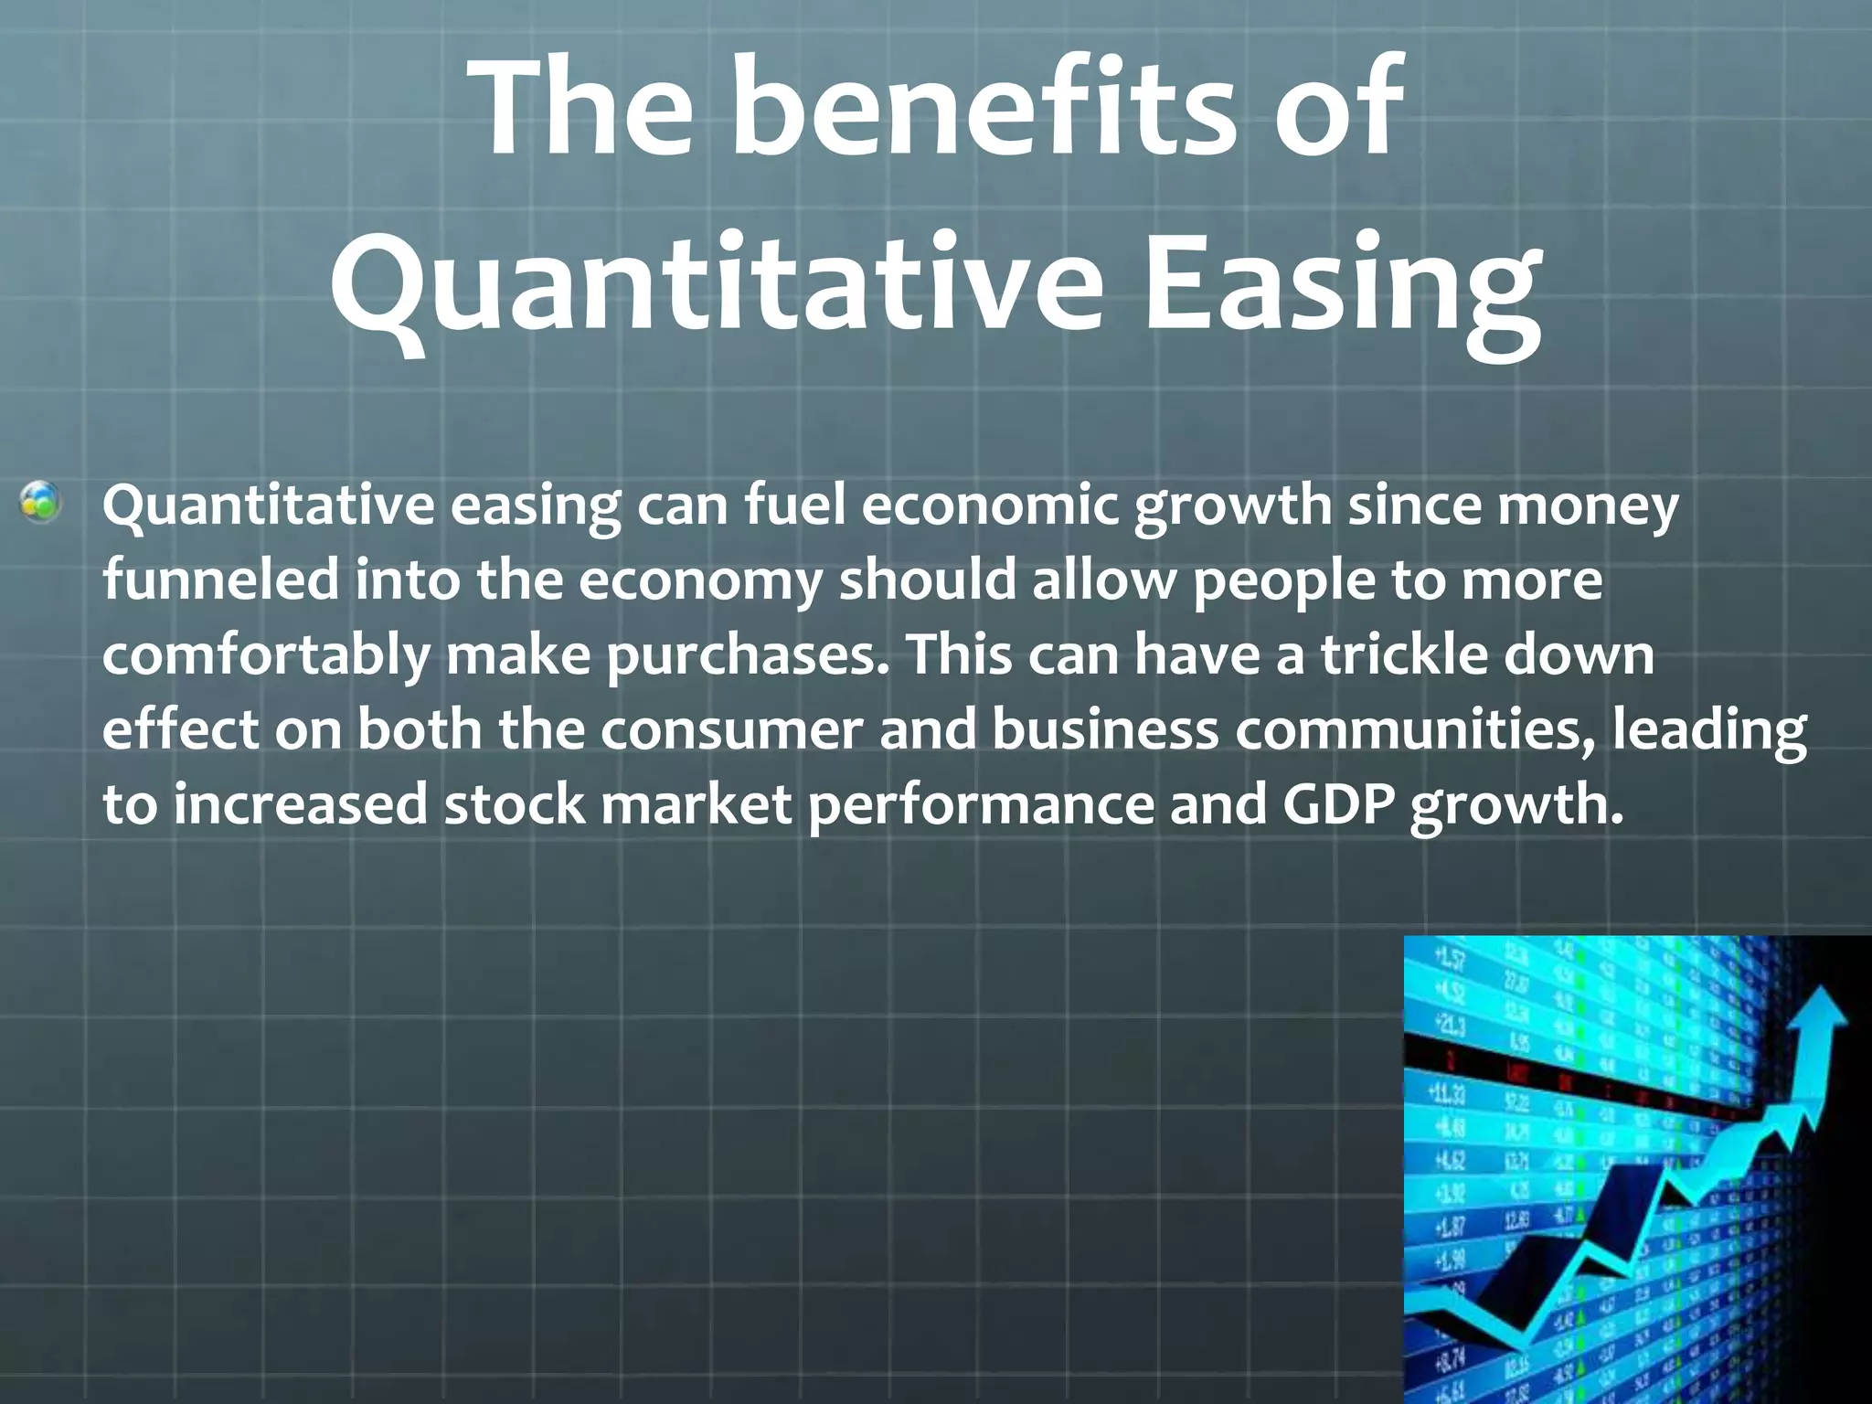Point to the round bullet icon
[42, 503]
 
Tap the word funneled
[219, 580]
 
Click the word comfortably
[265, 657]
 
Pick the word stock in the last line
[514, 805]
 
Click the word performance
[981, 807]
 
